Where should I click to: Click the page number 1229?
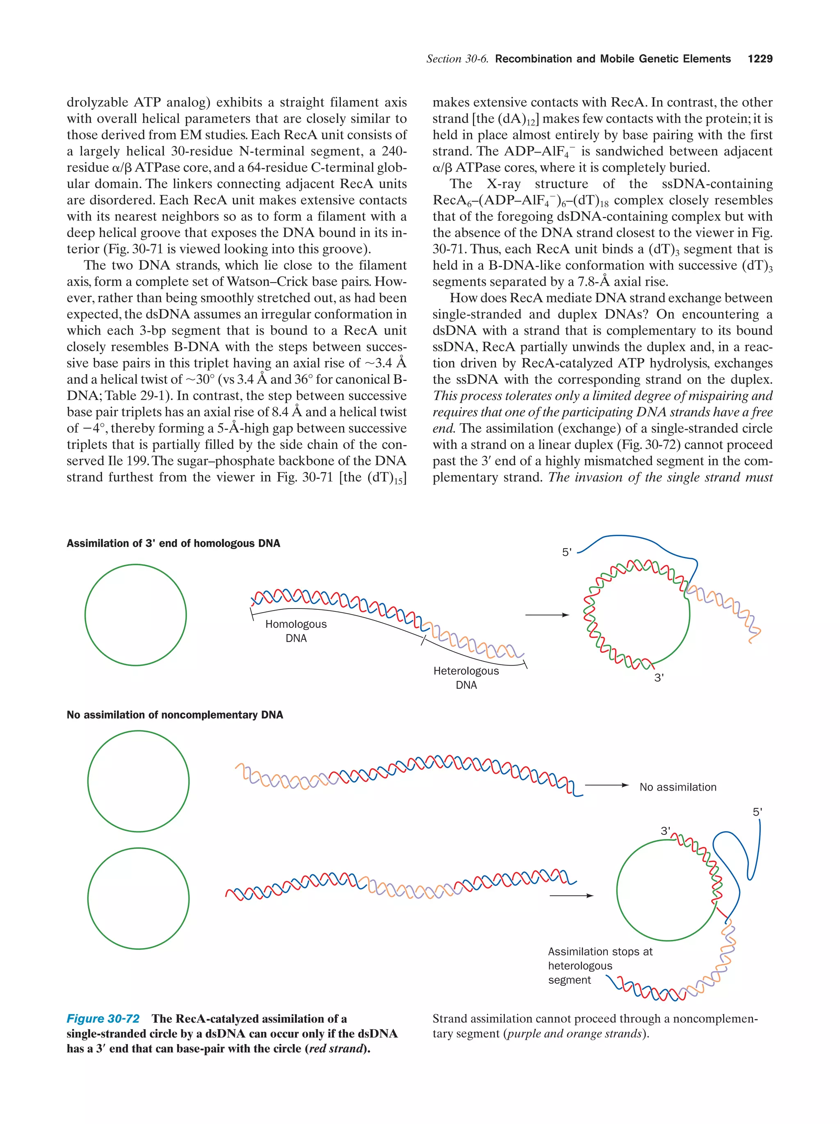pos(760,59)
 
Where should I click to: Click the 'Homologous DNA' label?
pos(296,631)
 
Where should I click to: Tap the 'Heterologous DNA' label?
pos(466,677)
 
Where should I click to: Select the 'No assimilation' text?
pos(678,787)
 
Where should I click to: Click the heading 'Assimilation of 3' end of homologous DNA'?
pos(173,543)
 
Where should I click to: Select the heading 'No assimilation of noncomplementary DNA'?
pos(175,714)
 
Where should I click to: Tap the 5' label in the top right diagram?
pos(566,552)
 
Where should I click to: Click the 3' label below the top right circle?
pos(659,677)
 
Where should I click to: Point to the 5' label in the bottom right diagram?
pos(757,812)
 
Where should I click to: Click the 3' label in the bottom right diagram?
pos(665,831)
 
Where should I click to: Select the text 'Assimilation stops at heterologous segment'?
pos(600,965)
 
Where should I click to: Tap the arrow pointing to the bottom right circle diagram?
pos(571,895)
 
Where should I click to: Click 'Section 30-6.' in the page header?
pos(457,59)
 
